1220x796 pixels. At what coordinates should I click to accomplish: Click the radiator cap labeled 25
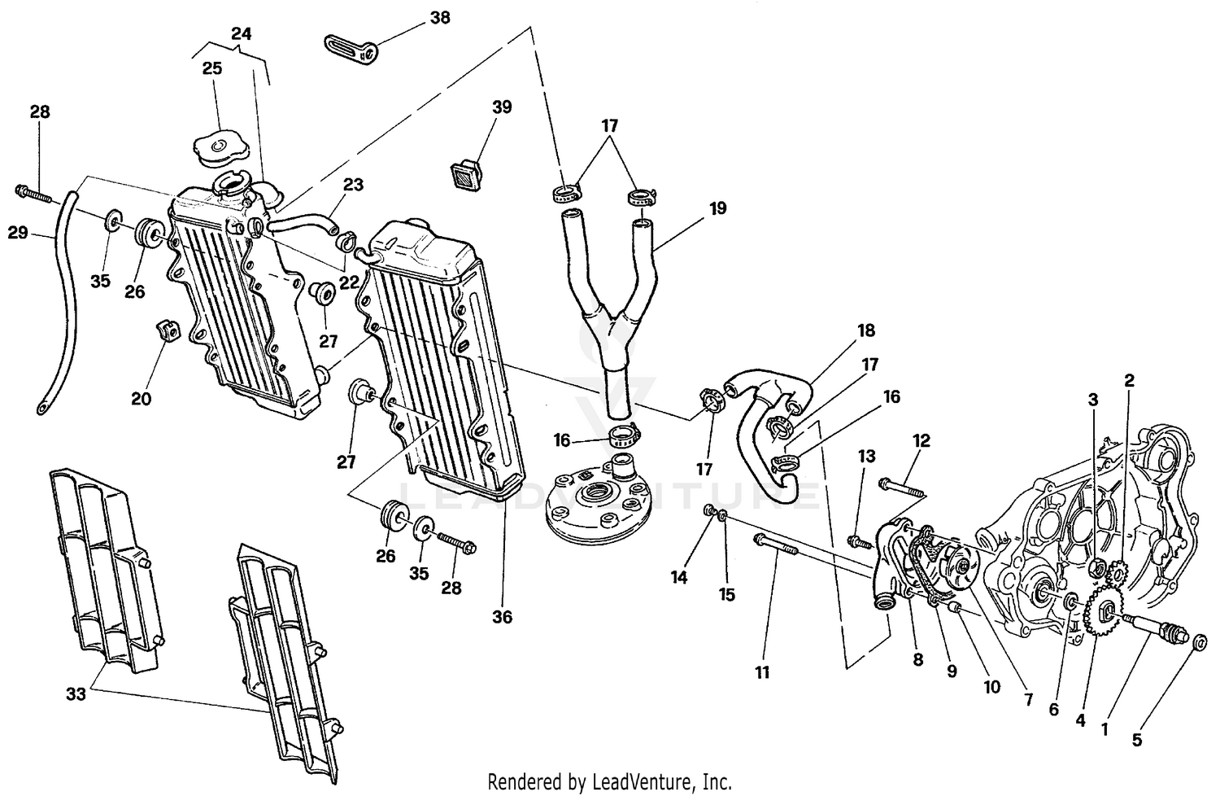[x=219, y=147]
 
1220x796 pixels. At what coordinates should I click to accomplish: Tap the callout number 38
[x=441, y=18]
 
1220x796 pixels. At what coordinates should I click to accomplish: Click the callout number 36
[x=503, y=617]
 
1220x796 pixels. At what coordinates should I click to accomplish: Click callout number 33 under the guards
[x=76, y=694]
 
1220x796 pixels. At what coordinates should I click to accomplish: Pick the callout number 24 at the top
[x=241, y=34]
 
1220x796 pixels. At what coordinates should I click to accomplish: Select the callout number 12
[x=921, y=441]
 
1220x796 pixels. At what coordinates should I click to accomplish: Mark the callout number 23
[x=352, y=185]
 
